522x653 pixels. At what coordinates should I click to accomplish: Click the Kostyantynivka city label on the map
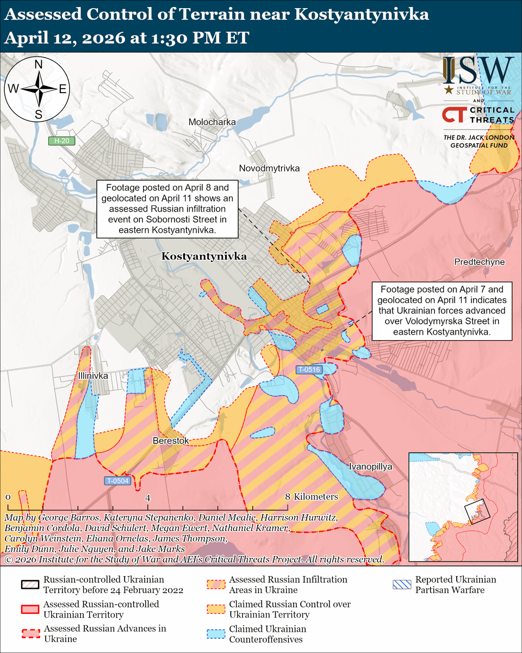tap(204, 256)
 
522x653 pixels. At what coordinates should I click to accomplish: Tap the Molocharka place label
tap(212, 122)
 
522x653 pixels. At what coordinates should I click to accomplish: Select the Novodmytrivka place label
tap(269, 169)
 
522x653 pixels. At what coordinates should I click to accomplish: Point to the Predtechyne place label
tap(479, 262)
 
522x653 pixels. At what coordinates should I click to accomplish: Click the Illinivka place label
tap(92, 376)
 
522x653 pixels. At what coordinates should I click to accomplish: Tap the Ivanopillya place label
tap(370, 467)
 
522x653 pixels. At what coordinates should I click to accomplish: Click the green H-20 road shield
tap(61, 141)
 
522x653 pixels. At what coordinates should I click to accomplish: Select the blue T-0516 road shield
tap(309, 370)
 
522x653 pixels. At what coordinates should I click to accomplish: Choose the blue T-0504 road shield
tap(117, 480)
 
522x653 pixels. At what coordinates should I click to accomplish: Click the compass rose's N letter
tap(39, 65)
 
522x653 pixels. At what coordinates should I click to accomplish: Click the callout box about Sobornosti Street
tap(167, 209)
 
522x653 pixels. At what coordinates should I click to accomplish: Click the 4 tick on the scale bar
tap(147, 497)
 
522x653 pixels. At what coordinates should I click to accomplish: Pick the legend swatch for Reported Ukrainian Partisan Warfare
tap(401, 584)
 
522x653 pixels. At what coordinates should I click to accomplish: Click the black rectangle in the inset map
tap(477, 511)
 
